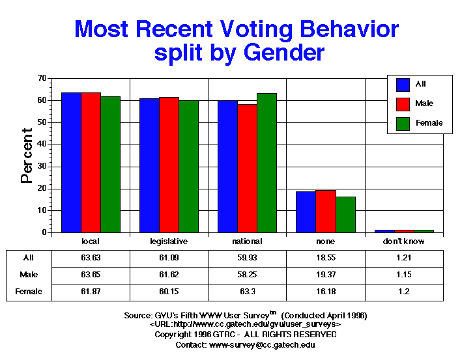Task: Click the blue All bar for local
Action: click(71, 163)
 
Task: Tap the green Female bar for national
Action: click(266, 163)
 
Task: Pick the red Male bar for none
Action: click(325, 212)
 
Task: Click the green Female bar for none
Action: click(345, 215)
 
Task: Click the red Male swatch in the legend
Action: click(403, 104)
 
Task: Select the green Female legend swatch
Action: click(403, 122)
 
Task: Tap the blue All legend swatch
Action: click(403, 84)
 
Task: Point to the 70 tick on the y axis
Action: click(41, 78)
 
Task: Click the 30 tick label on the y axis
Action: click(41, 167)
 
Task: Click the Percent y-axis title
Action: click(27, 156)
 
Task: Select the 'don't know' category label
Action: click(404, 242)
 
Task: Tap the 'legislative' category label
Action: click(169, 242)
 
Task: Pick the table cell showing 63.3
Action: click(247, 292)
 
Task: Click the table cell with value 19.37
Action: click(325, 275)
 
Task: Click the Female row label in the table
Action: click(29, 292)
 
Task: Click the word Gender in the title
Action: click(281, 52)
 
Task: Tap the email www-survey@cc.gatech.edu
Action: click(263, 344)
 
